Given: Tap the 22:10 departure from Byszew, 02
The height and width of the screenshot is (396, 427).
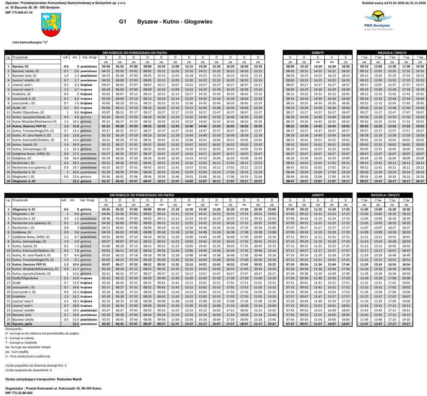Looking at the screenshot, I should click(x=258, y=67).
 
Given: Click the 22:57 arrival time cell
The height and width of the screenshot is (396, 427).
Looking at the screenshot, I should click(x=258, y=181).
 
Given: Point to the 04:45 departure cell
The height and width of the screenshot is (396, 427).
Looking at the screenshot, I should click(x=106, y=209).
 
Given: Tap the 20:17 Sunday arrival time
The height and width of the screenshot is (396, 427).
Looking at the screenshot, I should click(x=420, y=181).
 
